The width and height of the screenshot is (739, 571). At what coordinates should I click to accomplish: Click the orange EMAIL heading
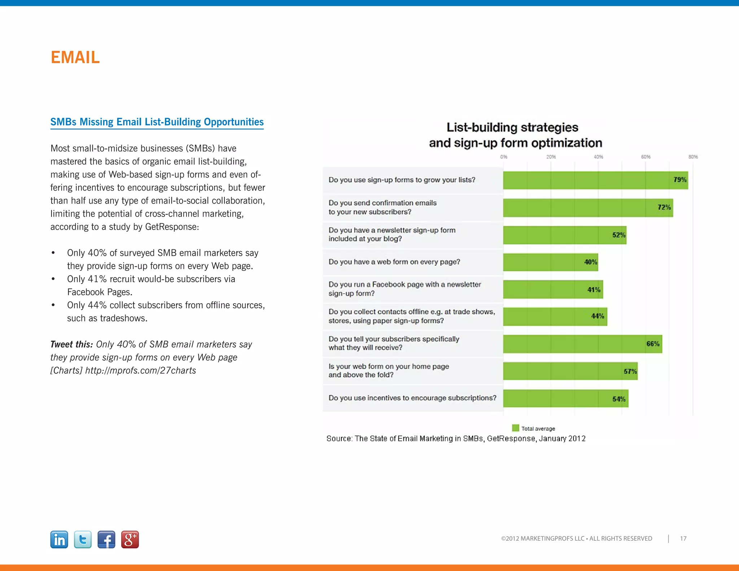point(75,57)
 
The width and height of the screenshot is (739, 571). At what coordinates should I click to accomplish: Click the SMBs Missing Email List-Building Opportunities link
point(157,122)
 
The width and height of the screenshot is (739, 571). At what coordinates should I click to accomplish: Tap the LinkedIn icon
point(59,540)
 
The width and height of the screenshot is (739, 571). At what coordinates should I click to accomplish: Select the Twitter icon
point(83,540)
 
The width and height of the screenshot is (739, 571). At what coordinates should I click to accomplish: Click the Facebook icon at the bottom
point(106,540)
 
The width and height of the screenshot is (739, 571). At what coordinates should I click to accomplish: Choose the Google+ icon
point(130,540)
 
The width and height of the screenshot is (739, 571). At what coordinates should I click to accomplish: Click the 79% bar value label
point(680,180)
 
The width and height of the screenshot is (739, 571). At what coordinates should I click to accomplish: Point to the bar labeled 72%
point(588,208)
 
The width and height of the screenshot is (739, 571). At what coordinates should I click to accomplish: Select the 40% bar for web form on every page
point(550,262)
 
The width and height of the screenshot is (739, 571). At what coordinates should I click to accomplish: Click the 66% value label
point(653,344)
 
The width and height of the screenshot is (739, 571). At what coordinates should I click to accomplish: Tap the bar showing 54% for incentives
point(565,398)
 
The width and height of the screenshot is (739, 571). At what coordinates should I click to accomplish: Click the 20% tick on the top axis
point(551,157)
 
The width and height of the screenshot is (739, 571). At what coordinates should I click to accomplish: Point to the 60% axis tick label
point(646,157)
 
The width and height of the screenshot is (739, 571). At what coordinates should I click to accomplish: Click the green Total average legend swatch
point(516,428)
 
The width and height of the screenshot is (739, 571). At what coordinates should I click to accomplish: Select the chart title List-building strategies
point(512,127)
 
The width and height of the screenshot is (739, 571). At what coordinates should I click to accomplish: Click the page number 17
point(683,539)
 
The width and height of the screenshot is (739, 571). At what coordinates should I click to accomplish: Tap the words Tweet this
point(71,344)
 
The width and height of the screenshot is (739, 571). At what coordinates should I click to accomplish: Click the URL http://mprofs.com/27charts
point(140,371)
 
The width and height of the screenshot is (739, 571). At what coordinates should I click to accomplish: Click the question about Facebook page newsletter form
point(404,289)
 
